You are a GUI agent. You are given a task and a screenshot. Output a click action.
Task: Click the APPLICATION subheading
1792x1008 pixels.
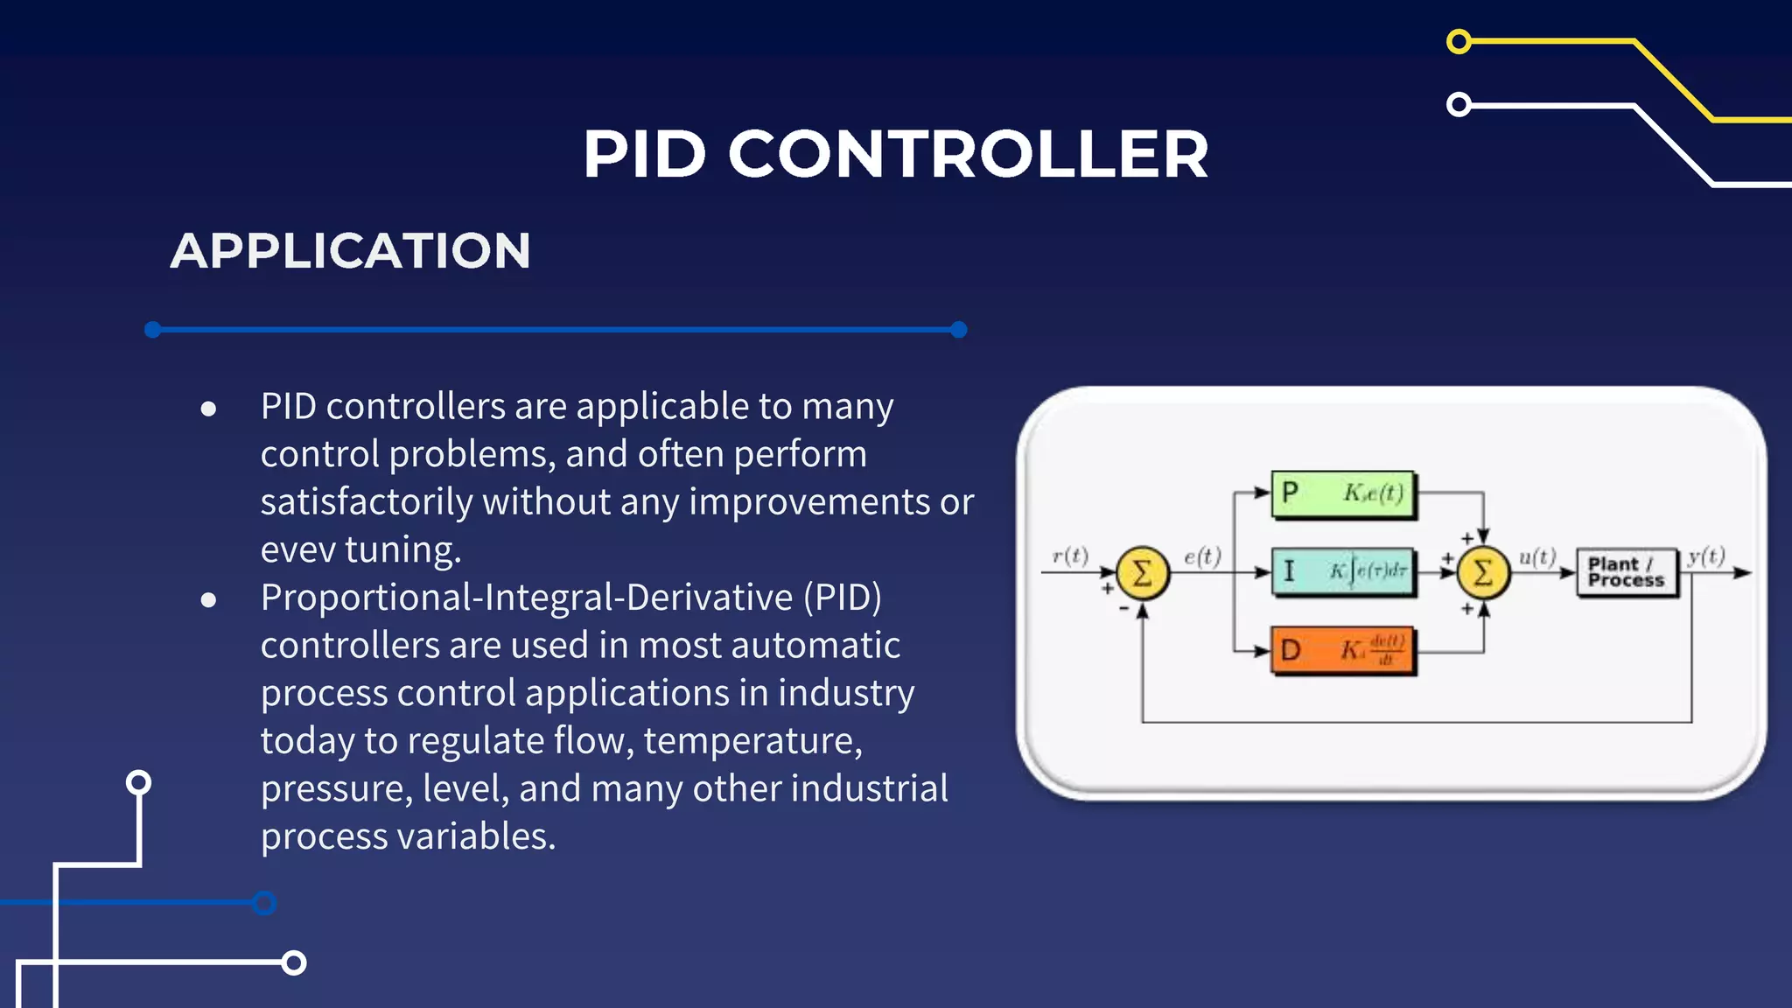[x=350, y=251]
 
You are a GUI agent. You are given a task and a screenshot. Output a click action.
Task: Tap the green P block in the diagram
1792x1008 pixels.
[x=1343, y=493]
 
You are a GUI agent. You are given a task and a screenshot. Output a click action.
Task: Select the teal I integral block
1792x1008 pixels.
[x=1343, y=572]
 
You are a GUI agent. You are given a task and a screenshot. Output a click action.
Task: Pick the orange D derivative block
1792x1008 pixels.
[x=1343, y=650]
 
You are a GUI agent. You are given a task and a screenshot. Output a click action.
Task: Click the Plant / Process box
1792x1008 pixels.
[x=1627, y=572]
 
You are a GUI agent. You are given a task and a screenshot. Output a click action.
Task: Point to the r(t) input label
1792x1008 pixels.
[x=1069, y=556]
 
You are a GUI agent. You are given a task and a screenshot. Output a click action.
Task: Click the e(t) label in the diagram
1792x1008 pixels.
[x=1202, y=556]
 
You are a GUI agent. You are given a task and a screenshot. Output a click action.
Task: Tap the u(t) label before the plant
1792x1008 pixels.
[x=1537, y=556]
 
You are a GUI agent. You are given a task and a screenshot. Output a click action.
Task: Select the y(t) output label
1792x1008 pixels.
[x=1706, y=556]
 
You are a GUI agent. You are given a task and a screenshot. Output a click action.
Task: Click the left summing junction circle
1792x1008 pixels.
[x=1142, y=573]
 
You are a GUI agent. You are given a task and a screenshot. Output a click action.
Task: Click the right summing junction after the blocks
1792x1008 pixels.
[x=1483, y=573]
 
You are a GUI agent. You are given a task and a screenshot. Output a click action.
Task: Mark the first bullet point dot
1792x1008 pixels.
[x=208, y=409]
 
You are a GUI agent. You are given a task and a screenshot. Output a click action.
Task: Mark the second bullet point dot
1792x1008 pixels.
[x=208, y=599]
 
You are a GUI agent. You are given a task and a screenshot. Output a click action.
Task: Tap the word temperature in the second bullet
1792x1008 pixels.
[x=752, y=741]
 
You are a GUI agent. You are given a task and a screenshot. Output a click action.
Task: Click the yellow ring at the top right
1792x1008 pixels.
[x=1459, y=41]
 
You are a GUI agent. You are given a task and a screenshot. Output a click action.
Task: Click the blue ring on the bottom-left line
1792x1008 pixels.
[x=263, y=903]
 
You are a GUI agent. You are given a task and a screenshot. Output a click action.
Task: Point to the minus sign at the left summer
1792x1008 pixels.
[x=1123, y=608]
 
